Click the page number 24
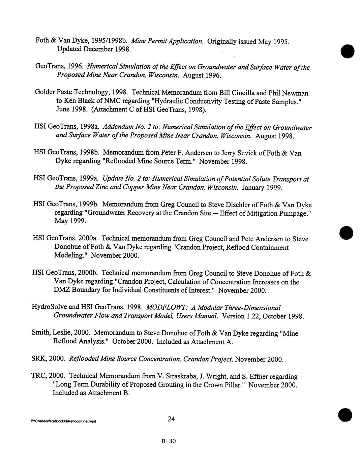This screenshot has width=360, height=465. [171, 419]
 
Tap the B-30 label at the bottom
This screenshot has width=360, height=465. [169, 441]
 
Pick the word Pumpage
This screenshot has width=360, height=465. [294, 213]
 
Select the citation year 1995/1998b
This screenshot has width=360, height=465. [108, 41]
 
